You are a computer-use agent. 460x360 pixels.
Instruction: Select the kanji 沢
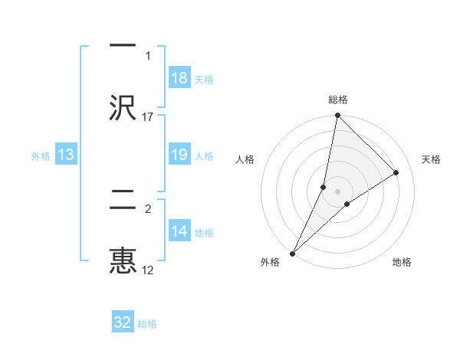[123, 107]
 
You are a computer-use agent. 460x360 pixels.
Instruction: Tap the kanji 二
[123, 201]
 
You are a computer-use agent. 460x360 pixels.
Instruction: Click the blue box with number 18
[179, 77]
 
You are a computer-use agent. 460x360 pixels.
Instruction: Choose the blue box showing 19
[179, 155]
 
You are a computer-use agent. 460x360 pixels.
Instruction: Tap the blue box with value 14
[179, 231]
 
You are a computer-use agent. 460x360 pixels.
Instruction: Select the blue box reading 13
[66, 155]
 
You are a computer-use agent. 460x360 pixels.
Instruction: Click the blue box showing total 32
[123, 322]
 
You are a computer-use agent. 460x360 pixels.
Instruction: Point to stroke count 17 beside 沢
[148, 116]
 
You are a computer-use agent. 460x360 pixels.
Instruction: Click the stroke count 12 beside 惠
[148, 270]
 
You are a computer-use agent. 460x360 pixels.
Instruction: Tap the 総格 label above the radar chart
[338, 100]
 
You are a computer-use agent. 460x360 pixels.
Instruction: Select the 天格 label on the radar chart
[432, 159]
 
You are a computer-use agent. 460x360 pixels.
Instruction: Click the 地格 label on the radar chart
[402, 262]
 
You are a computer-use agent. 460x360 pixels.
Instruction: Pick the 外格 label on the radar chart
[270, 262]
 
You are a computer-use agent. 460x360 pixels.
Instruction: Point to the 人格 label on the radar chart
[245, 159]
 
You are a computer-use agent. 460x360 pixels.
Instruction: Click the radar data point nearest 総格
[337, 116]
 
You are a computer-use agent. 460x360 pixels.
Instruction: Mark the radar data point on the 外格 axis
[292, 253]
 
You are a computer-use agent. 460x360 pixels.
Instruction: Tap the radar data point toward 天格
[396, 172]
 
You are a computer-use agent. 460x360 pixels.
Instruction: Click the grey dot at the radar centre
[338, 191]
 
